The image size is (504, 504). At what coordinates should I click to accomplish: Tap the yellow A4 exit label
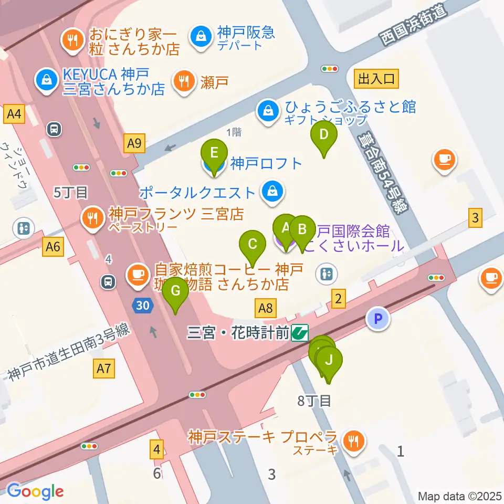(x=14, y=114)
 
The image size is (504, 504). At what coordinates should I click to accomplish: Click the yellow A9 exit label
(x=135, y=142)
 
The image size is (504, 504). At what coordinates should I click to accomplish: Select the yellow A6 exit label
(x=54, y=246)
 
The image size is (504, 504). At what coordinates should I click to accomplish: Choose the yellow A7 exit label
(x=103, y=369)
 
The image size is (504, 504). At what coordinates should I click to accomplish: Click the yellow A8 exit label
(x=266, y=307)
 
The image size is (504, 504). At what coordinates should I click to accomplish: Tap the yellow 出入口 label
(x=376, y=79)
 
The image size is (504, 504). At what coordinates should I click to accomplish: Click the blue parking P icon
(x=378, y=319)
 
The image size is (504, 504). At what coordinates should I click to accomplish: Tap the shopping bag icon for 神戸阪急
(x=201, y=36)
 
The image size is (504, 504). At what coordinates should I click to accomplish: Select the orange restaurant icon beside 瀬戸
(x=183, y=81)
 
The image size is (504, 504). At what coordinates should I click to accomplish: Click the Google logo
(x=35, y=491)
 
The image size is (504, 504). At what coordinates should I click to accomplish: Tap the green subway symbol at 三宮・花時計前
(x=300, y=332)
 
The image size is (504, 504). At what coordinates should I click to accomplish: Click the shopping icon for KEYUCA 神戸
(x=47, y=80)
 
